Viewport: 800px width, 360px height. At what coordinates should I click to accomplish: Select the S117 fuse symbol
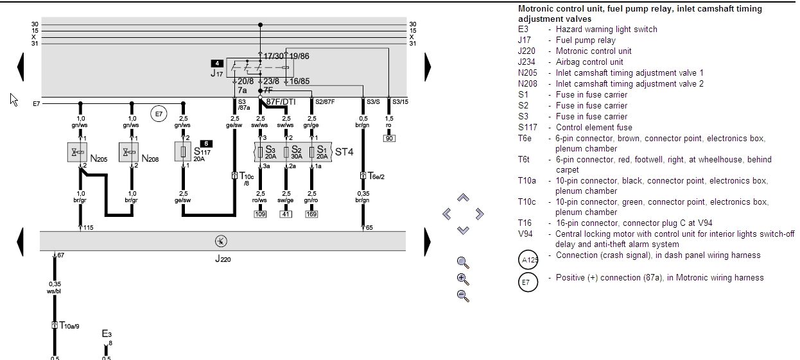tap(183, 152)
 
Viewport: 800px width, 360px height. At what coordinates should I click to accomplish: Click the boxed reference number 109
tap(260, 214)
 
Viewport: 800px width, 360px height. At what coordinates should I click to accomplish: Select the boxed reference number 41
tap(286, 214)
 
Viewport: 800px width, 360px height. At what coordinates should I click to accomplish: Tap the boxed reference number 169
tap(311, 214)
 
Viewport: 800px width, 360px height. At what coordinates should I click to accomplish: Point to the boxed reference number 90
tap(388, 138)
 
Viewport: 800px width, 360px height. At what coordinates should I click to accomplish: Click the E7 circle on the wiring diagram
tap(158, 115)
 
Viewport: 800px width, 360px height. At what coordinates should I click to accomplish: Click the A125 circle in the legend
tap(527, 260)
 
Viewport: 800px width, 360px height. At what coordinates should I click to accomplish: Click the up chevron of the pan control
tap(463, 198)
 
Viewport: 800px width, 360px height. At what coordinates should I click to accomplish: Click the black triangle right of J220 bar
tap(428, 242)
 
